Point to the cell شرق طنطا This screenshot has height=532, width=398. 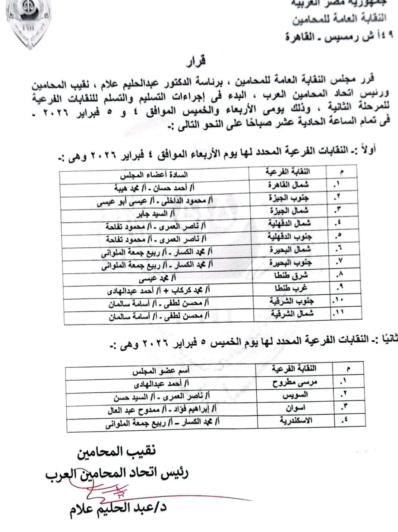291,276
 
